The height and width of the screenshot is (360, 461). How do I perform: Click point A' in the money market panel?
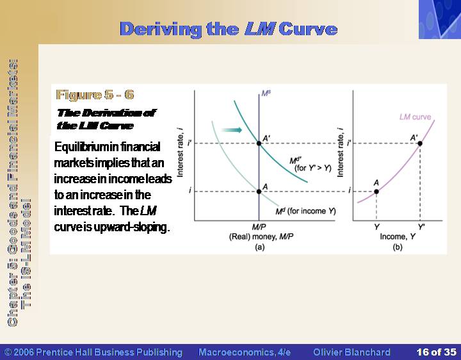click(x=259, y=143)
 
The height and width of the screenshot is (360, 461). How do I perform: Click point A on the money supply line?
click(x=259, y=192)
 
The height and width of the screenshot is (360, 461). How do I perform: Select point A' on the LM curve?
click(x=420, y=143)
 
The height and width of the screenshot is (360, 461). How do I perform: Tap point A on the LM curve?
click(x=376, y=192)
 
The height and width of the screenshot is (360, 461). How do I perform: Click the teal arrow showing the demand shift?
click(x=232, y=130)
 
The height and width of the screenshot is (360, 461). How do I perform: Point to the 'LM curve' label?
click(x=415, y=117)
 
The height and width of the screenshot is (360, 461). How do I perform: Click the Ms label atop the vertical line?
click(x=266, y=94)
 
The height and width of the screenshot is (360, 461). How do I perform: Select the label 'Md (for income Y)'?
click(x=305, y=211)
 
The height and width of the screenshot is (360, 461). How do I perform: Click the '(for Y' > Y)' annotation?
click(x=313, y=168)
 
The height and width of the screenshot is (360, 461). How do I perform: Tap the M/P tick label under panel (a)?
click(x=259, y=227)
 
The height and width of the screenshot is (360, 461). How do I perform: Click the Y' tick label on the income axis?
click(x=421, y=227)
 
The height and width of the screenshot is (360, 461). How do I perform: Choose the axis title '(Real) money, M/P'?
click(x=261, y=237)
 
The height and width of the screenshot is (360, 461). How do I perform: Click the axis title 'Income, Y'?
click(x=398, y=236)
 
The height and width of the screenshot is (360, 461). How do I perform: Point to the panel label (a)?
click(x=259, y=247)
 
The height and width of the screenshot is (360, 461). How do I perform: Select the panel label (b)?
click(x=398, y=247)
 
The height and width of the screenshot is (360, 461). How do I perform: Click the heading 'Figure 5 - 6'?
click(x=95, y=95)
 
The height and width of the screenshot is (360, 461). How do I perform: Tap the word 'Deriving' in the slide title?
click(x=161, y=29)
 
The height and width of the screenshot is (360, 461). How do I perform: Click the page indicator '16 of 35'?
click(x=437, y=352)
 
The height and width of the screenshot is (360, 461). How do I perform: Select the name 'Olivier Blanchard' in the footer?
click(x=352, y=352)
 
